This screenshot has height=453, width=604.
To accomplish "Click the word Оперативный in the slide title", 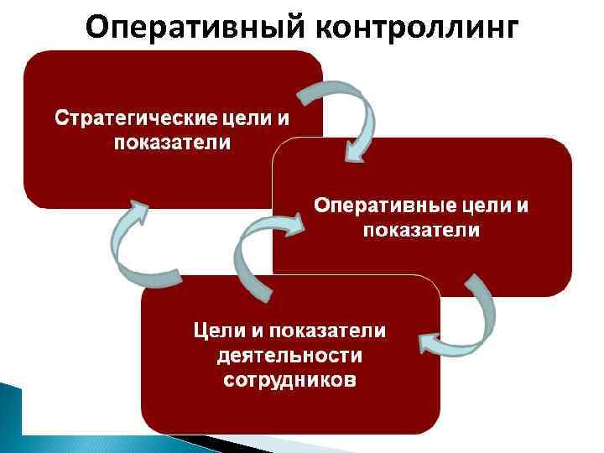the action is [195, 28].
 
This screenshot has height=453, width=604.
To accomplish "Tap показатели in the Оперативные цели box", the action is [421, 230].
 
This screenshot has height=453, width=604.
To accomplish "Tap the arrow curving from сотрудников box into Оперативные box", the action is [256, 252].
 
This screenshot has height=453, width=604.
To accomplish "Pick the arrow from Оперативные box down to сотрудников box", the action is [470, 319].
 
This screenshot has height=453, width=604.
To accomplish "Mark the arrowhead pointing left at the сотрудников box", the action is [430, 342].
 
